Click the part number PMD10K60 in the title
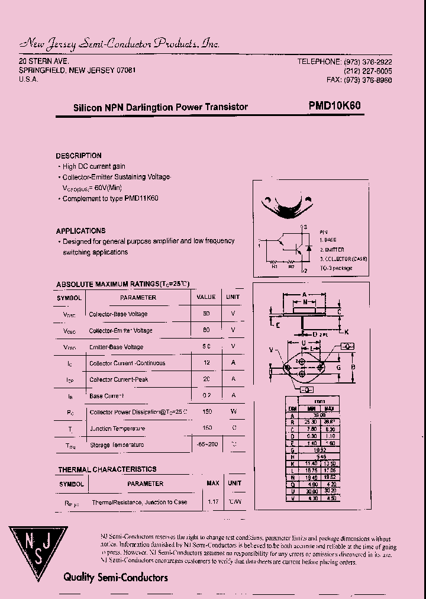click(x=334, y=106)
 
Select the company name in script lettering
click(x=120, y=43)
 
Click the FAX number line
click(x=359, y=80)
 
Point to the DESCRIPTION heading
click(x=79, y=156)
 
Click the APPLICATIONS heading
click(x=81, y=231)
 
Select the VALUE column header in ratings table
click(x=206, y=297)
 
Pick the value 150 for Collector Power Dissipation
click(x=206, y=412)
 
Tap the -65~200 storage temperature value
click(x=206, y=445)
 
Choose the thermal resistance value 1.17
click(x=213, y=502)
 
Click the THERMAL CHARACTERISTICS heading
click(x=107, y=469)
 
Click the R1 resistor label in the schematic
click(x=275, y=266)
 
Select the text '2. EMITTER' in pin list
click(x=332, y=250)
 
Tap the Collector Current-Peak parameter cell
click(x=118, y=379)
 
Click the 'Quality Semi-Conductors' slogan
click(x=115, y=577)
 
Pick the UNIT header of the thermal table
click(x=235, y=483)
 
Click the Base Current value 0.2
click(x=206, y=395)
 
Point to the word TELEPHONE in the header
click(x=319, y=62)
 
